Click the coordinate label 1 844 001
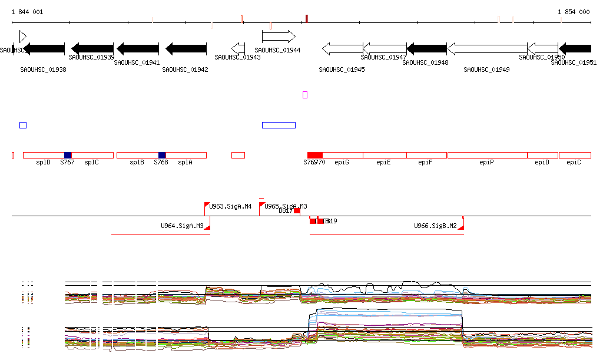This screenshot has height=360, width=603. coord(26,12)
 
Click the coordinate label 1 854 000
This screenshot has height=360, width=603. coord(574,12)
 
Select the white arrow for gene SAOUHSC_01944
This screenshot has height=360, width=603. coord(279,37)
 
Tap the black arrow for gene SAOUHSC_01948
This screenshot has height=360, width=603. coord(427,48)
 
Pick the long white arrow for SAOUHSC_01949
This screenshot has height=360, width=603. coord(487,48)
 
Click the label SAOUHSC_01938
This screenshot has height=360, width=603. coord(43,70)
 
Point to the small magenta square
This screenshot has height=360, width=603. coord(305,94)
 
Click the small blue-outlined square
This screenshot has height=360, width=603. coord(23,125)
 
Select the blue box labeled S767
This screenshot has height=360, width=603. coord(68,155)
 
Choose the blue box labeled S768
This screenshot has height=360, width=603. coord(162,155)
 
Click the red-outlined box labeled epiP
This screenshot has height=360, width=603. coord(487,155)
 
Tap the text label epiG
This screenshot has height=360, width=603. coord(342,162)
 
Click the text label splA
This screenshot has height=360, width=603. coord(185,162)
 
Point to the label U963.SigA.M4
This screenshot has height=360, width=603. coord(230,207)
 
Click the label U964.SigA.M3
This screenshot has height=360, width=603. coord(182,226)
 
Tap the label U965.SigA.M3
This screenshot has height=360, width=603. coord(286,206)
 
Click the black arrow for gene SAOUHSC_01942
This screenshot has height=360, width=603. coord(185,48)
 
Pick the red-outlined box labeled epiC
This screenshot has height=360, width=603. coord(575,155)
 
